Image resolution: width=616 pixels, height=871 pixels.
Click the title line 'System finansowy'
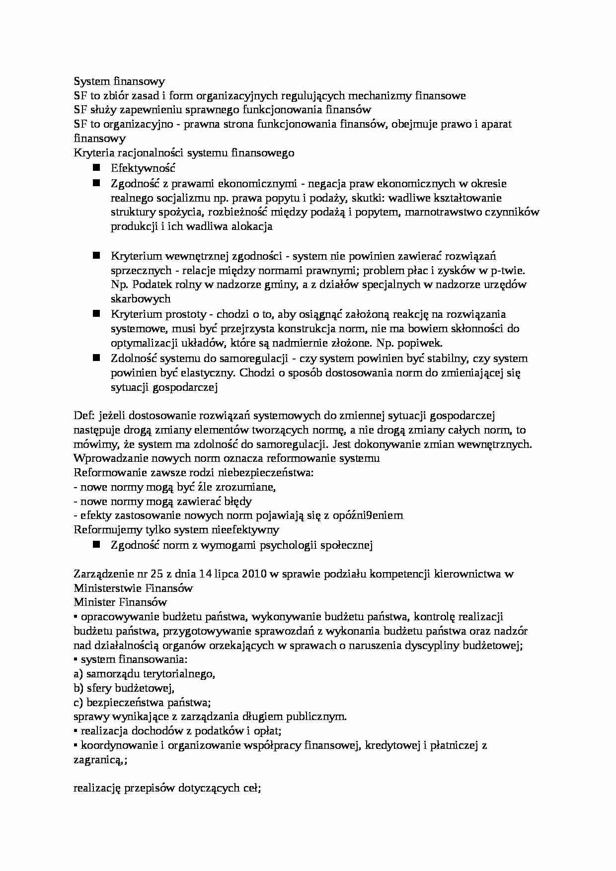[x=119, y=81]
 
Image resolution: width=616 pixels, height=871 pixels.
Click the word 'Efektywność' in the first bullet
[x=143, y=168]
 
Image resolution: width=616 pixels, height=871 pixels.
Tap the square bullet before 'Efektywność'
[x=96, y=168]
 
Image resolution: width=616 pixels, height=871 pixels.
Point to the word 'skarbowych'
[x=141, y=298]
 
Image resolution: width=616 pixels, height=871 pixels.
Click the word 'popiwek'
[x=422, y=343]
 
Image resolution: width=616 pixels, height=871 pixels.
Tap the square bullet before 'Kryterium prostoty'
[x=96, y=313]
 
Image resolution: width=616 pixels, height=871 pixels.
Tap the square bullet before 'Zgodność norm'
[x=96, y=544]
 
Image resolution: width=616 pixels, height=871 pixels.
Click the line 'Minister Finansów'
[x=120, y=602]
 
